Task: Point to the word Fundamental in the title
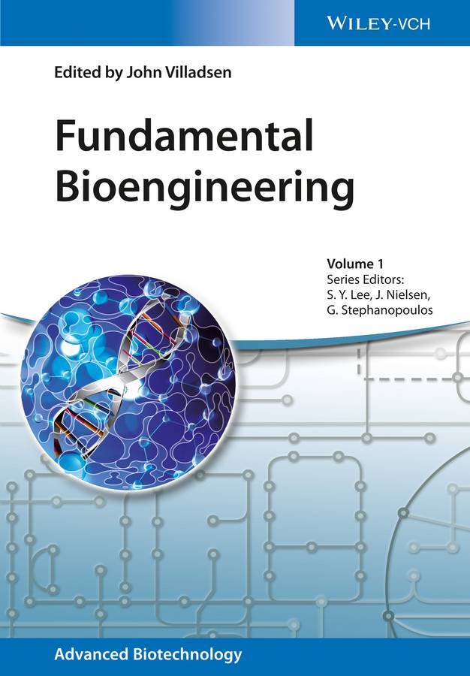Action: (x=184, y=136)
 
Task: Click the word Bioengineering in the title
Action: (x=205, y=189)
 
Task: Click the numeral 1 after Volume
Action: (x=380, y=264)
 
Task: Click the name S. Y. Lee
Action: (x=346, y=294)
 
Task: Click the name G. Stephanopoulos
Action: (x=380, y=310)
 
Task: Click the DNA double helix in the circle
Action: (x=123, y=375)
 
